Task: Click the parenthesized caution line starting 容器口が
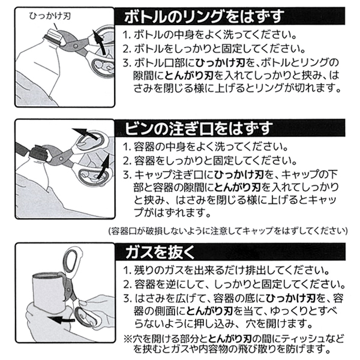point(228,230)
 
